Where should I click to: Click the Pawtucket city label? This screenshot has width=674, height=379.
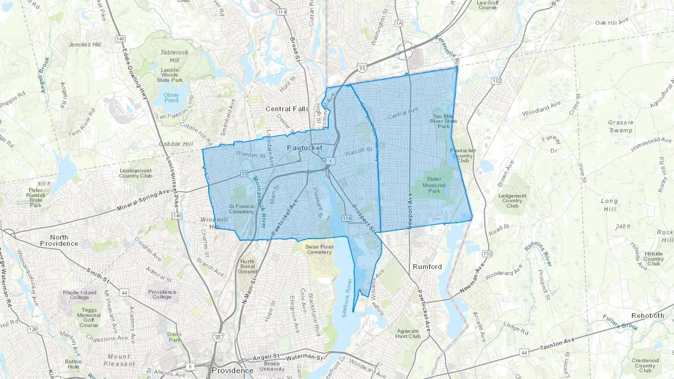tap(304, 148)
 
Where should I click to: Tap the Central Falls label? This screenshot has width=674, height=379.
tap(287, 109)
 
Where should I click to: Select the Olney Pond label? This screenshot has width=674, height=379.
tap(171, 98)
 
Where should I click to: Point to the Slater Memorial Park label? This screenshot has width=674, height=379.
tap(434, 185)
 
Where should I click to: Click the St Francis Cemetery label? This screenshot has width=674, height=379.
tap(241, 209)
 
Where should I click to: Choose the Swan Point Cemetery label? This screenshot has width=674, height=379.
tap(319, 250)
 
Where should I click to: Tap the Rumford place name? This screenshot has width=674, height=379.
tap(427, 267)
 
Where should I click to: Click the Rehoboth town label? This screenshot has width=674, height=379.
tap(647, 316)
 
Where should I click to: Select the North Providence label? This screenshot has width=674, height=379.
tap(59, 240)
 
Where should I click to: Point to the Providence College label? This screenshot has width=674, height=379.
tap(162, 294)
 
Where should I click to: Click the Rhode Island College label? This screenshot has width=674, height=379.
tap(79, 295)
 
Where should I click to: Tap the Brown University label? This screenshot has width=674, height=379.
tap(272, 366)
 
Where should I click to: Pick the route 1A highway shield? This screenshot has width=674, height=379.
tap(399, 23)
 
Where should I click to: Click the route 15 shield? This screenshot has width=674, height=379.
tap(244, 174)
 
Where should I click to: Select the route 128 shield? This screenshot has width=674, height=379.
tap(33, 329)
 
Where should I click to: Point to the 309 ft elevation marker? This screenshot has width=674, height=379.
tap(43, 184)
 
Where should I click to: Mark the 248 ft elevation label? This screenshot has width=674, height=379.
tap(623, 226)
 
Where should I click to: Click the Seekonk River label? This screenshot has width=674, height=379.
tap(347, 298)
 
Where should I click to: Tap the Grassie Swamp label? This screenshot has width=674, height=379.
tap(620, 126)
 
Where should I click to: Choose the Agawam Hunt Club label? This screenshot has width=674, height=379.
tap(408, 334)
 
